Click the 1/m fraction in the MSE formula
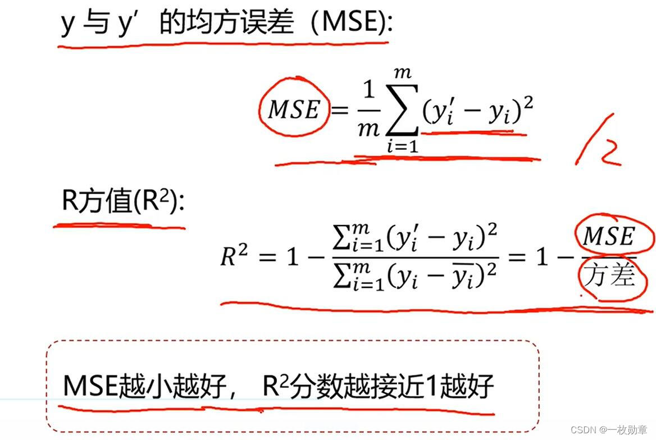click(368, 109)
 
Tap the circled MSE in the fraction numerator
click(609, 236)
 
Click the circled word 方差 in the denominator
click(609, 277)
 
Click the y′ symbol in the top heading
click(129, 24)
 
